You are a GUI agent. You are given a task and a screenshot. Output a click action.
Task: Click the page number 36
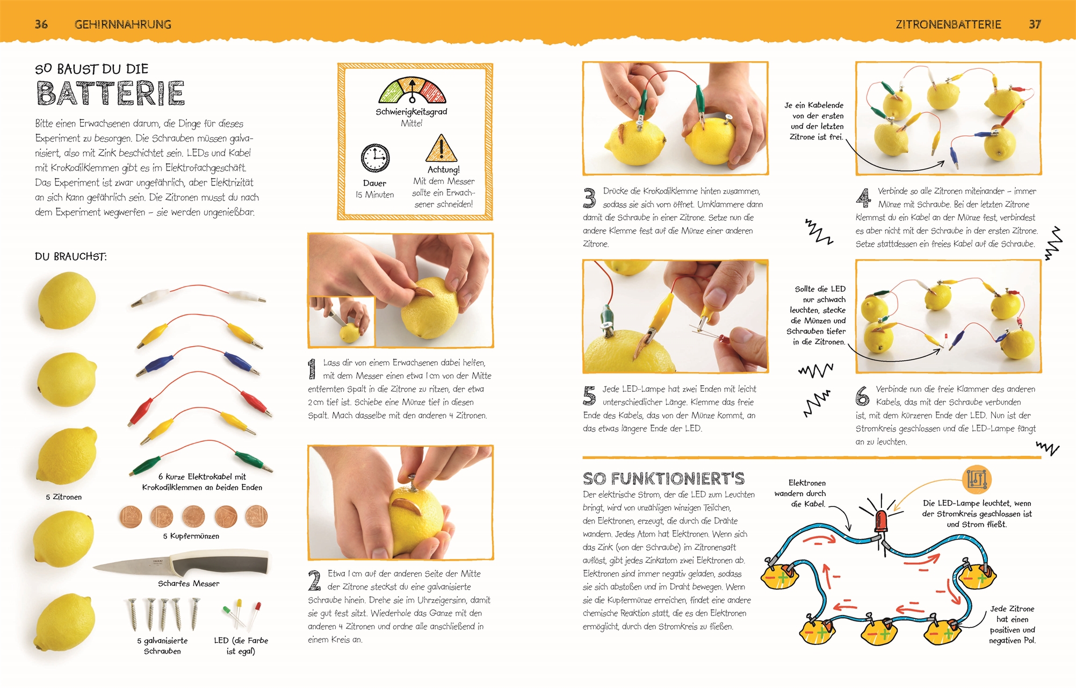point(41,24)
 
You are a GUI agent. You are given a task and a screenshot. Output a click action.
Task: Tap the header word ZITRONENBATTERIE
point(948,24)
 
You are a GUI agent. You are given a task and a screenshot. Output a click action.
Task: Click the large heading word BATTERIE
point(111,94)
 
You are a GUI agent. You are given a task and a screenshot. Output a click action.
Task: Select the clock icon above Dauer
point(375,158)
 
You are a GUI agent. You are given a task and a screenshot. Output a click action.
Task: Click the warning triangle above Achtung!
point(441,148)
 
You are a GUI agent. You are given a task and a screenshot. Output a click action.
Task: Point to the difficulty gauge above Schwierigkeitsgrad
point(412,90)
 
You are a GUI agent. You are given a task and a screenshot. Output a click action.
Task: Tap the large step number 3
point(589,198)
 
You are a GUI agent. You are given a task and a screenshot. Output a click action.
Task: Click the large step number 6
point(862,396)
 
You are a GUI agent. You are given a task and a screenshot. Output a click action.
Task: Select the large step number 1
point(312,370)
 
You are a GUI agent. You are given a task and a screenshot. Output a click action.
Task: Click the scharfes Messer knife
point(181,563)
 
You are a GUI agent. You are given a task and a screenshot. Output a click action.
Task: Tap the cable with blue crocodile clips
point(198,361)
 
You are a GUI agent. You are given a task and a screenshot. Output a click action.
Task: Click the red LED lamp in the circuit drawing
point(881,521)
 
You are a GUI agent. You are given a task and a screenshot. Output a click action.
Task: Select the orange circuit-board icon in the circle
point(977,479)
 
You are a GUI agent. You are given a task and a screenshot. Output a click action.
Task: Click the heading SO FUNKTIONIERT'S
point(664,478)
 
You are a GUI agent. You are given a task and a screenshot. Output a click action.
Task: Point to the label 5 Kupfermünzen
point(191,536)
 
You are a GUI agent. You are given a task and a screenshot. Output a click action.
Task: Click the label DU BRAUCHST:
point(71,256)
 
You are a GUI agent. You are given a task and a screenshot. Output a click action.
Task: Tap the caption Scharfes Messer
point(189,583)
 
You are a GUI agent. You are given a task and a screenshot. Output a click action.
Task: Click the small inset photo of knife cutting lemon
point(342,321)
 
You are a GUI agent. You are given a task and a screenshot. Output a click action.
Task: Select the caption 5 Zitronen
point(64,497)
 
